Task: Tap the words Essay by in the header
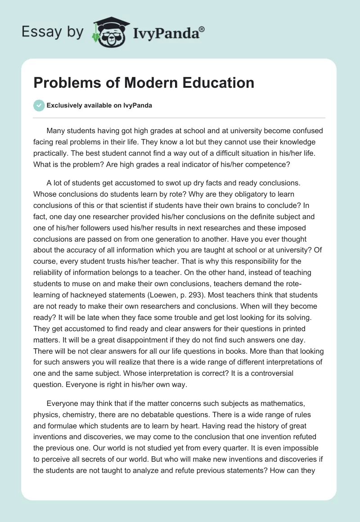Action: (x=53, y=32)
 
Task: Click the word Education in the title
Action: (x=216, y=83)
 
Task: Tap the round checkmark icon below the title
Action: (x=39, y=105)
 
